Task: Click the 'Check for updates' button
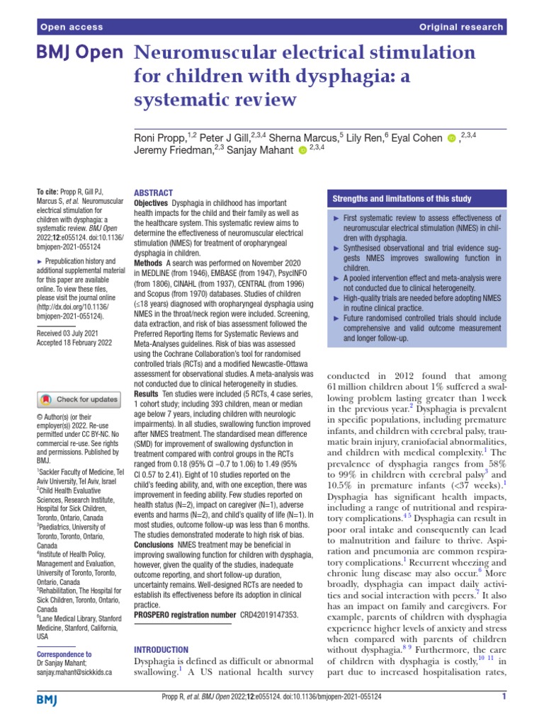(77, 399)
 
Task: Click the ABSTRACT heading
(153, 193)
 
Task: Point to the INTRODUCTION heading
(161, 649)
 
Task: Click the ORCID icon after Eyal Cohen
(451, 138)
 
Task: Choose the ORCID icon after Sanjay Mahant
(302, 151)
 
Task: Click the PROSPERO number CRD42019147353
(269, 616)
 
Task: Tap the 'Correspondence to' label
(63, 654)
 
